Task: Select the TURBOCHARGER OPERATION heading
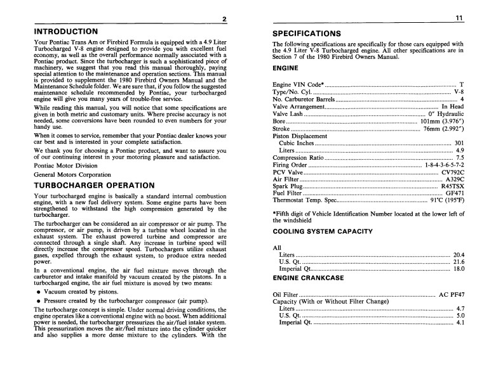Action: coord(94,185)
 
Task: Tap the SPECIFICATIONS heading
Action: coord(307,34)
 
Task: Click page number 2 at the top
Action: coord(224,19)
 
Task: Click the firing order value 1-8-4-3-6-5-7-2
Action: coord(439,165)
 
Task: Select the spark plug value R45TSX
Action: coord(452,187)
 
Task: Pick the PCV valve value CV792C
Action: coord(453,172)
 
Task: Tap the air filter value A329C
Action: coord(455,179)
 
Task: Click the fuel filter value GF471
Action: coord(455,194)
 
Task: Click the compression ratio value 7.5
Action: coord(460,157)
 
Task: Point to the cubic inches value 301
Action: coord(459,143)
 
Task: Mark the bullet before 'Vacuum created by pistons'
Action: coord(39,292)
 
